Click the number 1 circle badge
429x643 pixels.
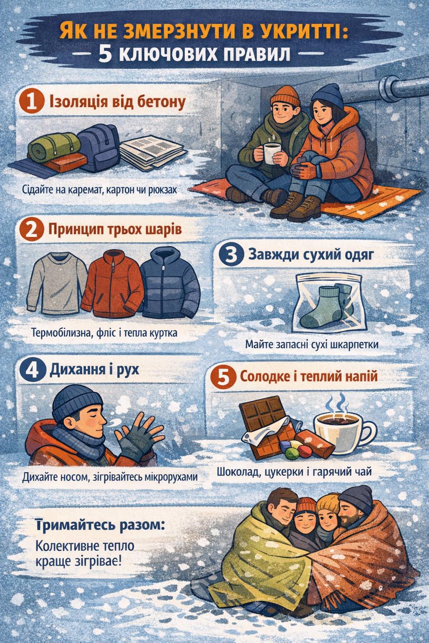coord(31,103)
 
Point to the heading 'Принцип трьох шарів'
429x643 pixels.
coord(115,230)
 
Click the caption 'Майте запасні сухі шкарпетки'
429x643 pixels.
coord(312,345)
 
